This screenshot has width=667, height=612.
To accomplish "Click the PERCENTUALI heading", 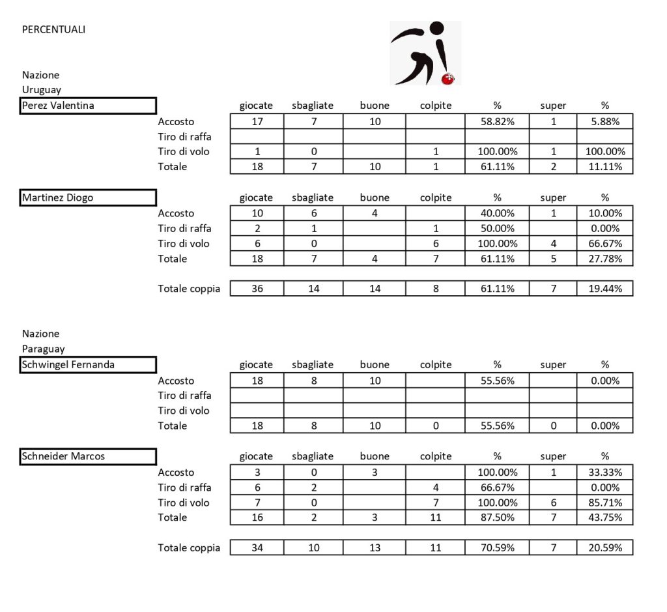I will tap(53, 29).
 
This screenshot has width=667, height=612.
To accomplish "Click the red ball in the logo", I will tap(448, 79).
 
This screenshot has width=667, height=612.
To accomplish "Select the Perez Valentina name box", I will tap(89, 106).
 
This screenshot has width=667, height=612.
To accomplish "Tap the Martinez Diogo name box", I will tap(89, 197).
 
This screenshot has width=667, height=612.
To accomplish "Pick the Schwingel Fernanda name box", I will tap(89, 365).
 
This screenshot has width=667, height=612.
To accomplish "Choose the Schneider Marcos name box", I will tap(89, 456).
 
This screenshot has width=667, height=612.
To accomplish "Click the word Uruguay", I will tap(42, 90).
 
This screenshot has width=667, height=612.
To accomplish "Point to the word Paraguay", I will tap(43, 349).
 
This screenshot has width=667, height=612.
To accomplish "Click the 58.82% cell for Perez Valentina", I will tap(497, 121).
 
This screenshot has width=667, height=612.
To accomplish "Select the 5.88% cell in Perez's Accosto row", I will tap(604, 121).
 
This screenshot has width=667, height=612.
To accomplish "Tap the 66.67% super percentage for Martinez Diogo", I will tap(604, 244).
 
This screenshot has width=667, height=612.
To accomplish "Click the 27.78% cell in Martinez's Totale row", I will tap(604, 259).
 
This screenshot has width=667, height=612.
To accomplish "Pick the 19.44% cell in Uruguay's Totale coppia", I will tap(604, 289).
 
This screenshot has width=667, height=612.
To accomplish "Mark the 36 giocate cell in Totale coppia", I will tap(257, 289).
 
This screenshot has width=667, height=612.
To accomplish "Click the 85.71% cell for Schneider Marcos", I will tap(604, 503).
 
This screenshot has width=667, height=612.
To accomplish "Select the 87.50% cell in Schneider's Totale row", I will tap(497, 517).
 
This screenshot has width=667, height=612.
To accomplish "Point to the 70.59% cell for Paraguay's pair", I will tap(497, 547).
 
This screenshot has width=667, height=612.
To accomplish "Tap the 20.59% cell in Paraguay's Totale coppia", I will tap(604, 547).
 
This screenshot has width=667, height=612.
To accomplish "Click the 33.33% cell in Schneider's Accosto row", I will tap(604, 473).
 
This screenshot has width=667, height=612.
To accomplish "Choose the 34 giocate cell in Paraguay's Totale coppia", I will tap(257, 547).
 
